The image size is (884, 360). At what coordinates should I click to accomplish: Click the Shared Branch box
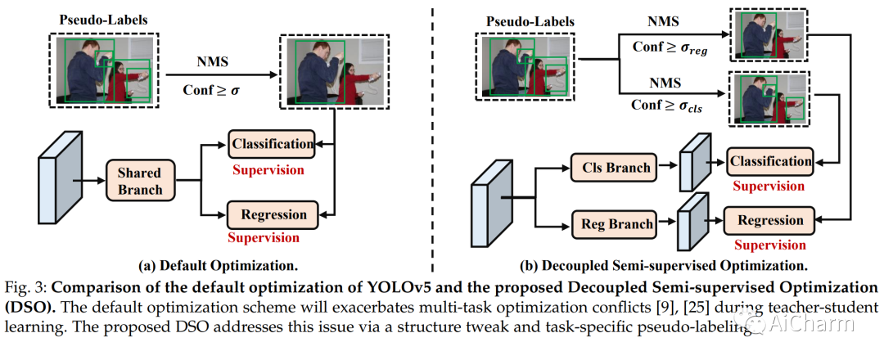click(x=139, y=181)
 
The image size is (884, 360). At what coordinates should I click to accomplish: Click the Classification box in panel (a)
click(x=271, y=145)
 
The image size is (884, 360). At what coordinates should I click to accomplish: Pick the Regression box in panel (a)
click(x=272, y=215)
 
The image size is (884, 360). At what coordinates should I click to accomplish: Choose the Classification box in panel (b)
click(x=769, y=161)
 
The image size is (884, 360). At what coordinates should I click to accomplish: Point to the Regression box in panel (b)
click(x=769, y=221)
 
